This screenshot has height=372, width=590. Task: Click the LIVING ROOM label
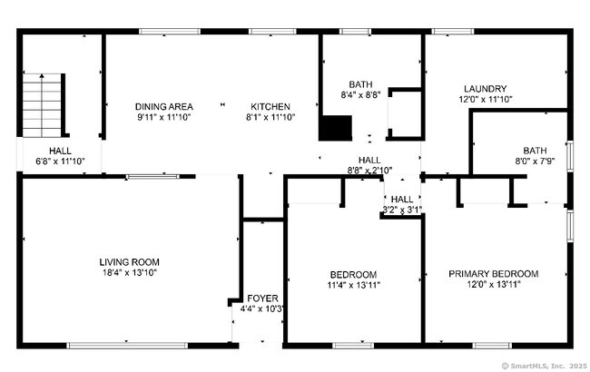(x=129, y=262)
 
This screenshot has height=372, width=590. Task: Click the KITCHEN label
(x=270, y=106)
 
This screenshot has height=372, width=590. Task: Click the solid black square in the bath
(x=335, y=128)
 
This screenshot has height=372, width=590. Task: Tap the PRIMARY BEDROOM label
(x=493, y=274)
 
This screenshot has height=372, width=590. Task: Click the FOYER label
(x=262, y=298)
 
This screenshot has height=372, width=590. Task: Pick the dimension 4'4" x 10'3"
(x=262, y=308)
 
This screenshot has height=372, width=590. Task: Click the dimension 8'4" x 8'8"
(x=360, y=93)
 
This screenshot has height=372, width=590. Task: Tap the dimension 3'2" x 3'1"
(x=402, y=210)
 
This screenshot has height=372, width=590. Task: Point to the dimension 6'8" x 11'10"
(x=60, y=162)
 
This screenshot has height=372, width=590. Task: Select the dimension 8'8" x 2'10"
(x=369, y=170)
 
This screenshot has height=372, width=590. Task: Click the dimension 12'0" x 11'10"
(x=485, y=99)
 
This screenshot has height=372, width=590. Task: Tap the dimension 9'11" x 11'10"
(x=164, y=117)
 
